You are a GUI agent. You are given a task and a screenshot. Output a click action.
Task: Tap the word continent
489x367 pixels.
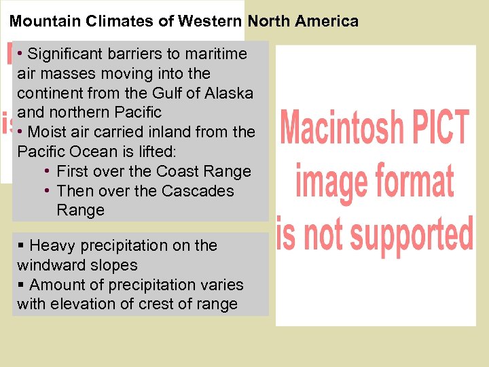[x=51, y=92]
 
